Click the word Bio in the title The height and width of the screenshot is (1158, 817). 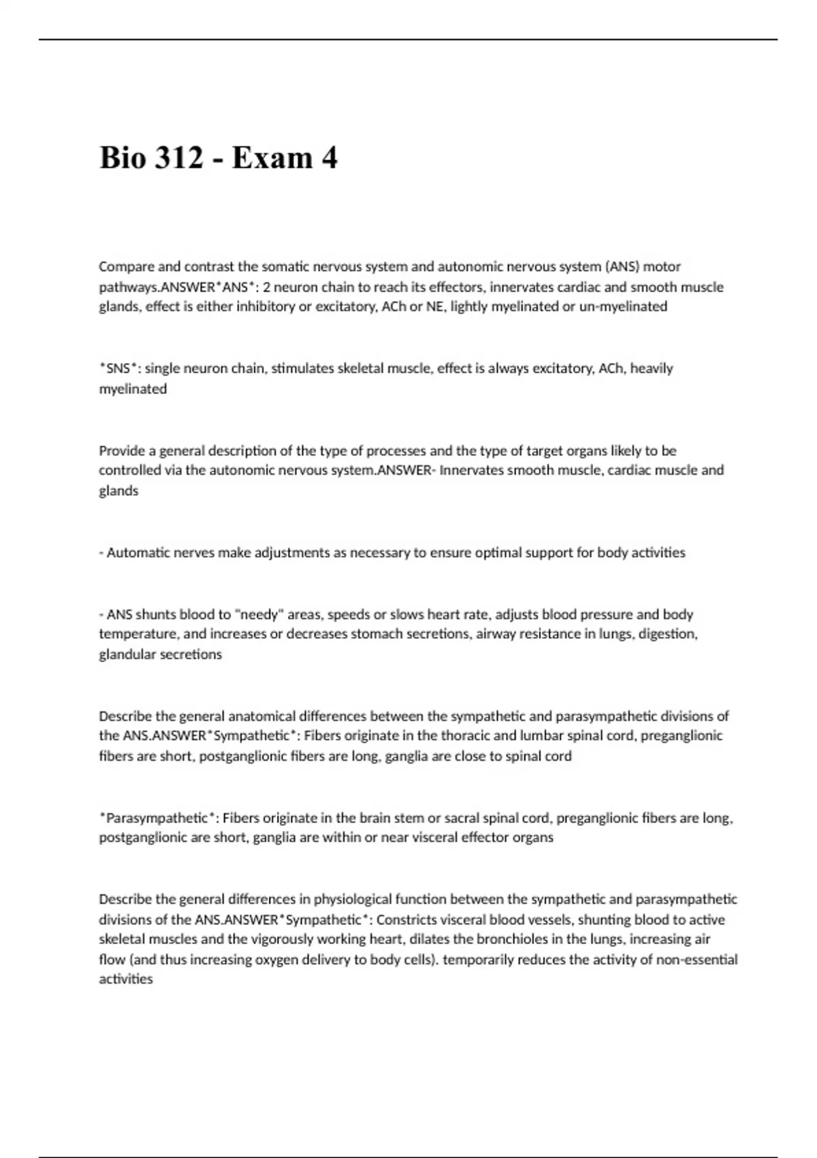(x=123, y=158)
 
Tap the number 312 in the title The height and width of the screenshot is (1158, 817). (x=180, y=158)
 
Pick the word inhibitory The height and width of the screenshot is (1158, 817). (x=261, y=307)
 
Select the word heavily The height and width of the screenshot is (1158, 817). (x=652, y=369)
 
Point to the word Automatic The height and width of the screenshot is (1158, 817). (x=140, y=552)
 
